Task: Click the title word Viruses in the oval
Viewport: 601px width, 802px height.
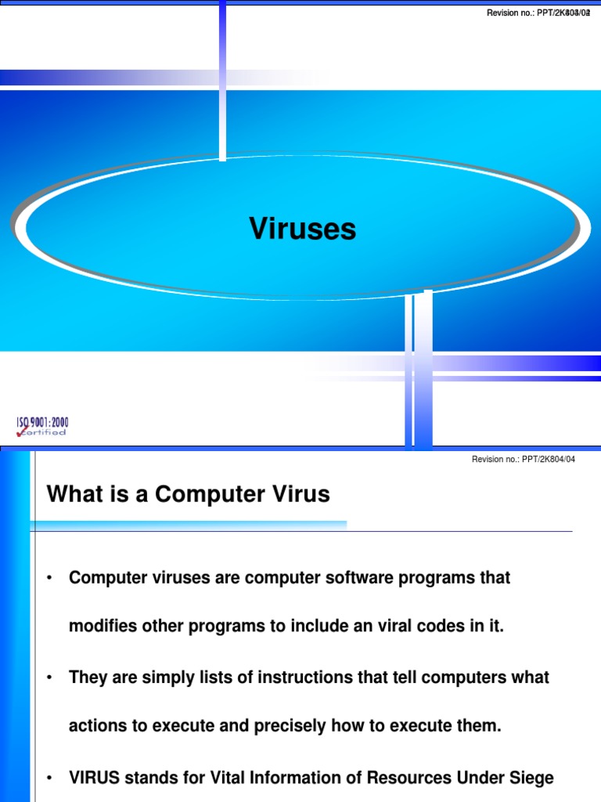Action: [x=302, y=229]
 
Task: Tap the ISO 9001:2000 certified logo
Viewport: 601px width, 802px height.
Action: [x=42, y=426]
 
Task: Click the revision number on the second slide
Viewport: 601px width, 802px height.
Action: [x=523, y=459]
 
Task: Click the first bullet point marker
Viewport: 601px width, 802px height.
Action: [x=49, y=579]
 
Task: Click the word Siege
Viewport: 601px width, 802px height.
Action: [x=532, y=779]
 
